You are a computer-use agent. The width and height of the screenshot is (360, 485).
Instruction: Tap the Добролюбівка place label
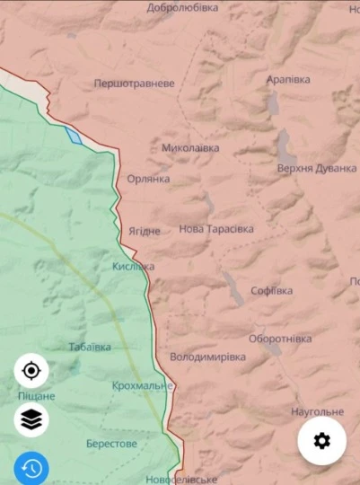coord(182,8)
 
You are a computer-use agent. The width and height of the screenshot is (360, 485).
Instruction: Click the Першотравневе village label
coord(135,84)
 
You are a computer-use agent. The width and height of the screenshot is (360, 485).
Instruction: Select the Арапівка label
coord(288,80)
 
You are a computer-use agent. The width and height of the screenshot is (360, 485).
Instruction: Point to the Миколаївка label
coord(190,148)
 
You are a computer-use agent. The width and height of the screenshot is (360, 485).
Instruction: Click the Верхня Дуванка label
coord(316,168)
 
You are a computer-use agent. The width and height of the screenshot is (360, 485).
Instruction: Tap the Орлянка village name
coord(148,179)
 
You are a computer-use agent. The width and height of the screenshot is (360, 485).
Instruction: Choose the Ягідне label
coord(144,231)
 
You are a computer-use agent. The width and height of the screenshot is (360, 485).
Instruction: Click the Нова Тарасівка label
coord(216,229)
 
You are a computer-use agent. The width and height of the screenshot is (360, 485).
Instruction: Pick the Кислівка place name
coord(134,267)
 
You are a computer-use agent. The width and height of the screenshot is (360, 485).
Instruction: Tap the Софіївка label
coord(271,291)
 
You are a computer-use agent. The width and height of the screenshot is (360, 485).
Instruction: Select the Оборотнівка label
coord(280,339)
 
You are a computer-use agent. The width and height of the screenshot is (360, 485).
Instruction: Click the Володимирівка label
coord(207,357)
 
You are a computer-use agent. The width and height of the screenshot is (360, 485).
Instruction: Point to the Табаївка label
coord(90,347)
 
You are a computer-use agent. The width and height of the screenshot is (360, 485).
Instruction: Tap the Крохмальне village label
coord(143,385)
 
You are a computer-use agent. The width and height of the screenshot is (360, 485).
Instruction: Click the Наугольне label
coord(317,412)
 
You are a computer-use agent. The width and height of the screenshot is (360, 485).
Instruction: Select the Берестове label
coord(111,444)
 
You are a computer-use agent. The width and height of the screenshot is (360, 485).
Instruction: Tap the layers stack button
coord(31,419)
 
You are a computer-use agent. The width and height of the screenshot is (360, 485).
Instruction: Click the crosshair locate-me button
coord(31,371)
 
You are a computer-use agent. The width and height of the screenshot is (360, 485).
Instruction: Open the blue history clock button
coord(31,468)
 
